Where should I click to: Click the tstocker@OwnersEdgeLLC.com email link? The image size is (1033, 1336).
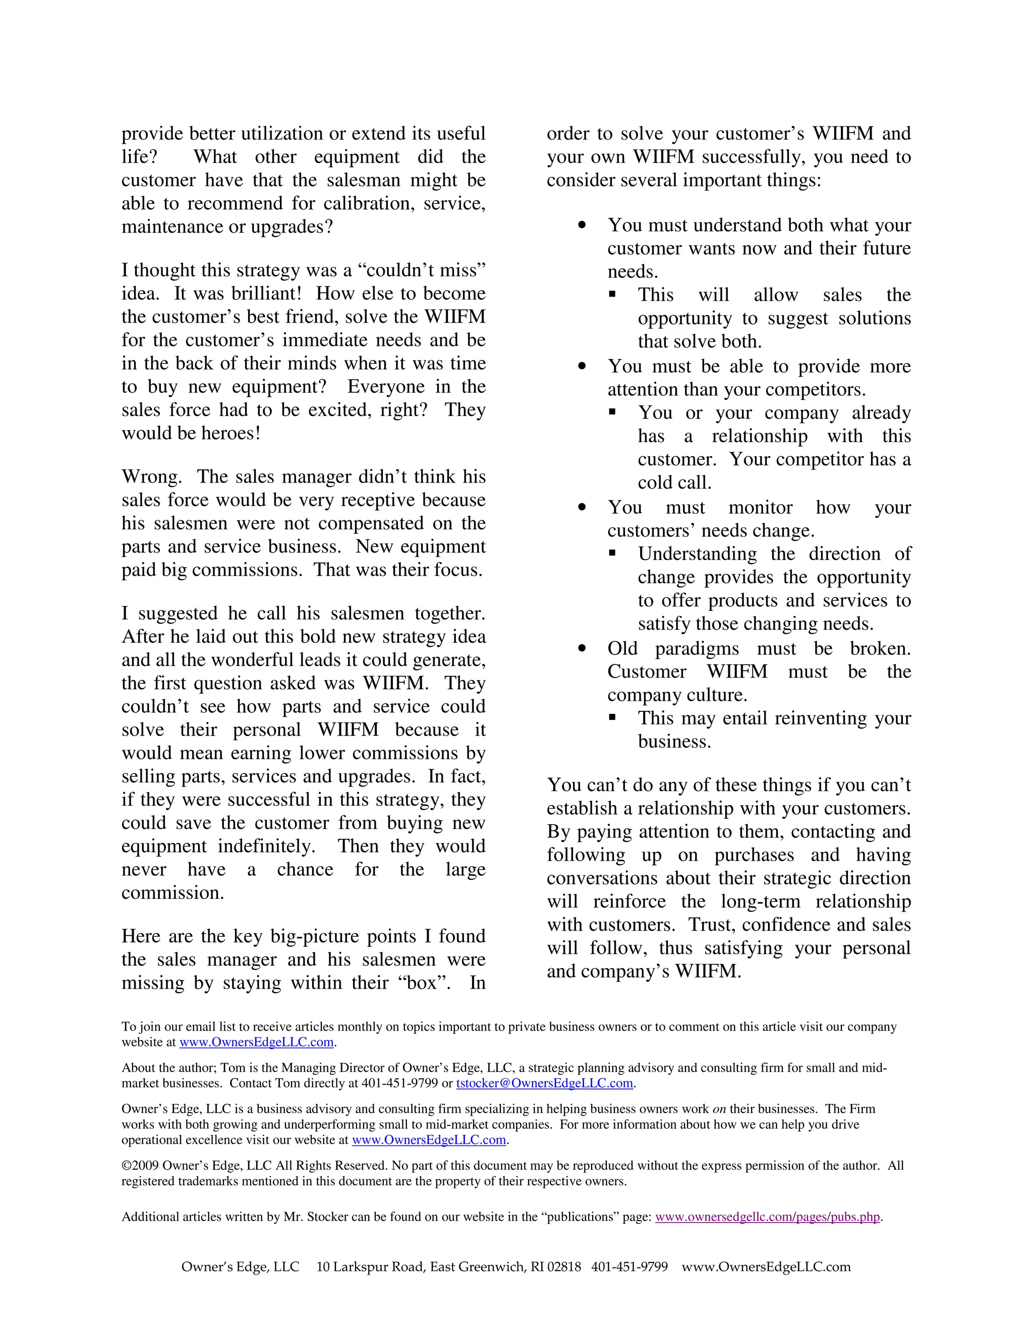(x=544, y=1083)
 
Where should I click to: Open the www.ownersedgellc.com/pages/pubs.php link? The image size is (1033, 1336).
(x=767, y=1217)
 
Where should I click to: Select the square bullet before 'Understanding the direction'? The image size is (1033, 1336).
(x=612, y=554)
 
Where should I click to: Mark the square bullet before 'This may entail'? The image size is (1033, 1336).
(x=612, y=718)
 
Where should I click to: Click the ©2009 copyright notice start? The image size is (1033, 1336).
(x=140, y=1166)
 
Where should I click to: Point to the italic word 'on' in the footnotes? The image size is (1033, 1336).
(x=719, y=1109)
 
